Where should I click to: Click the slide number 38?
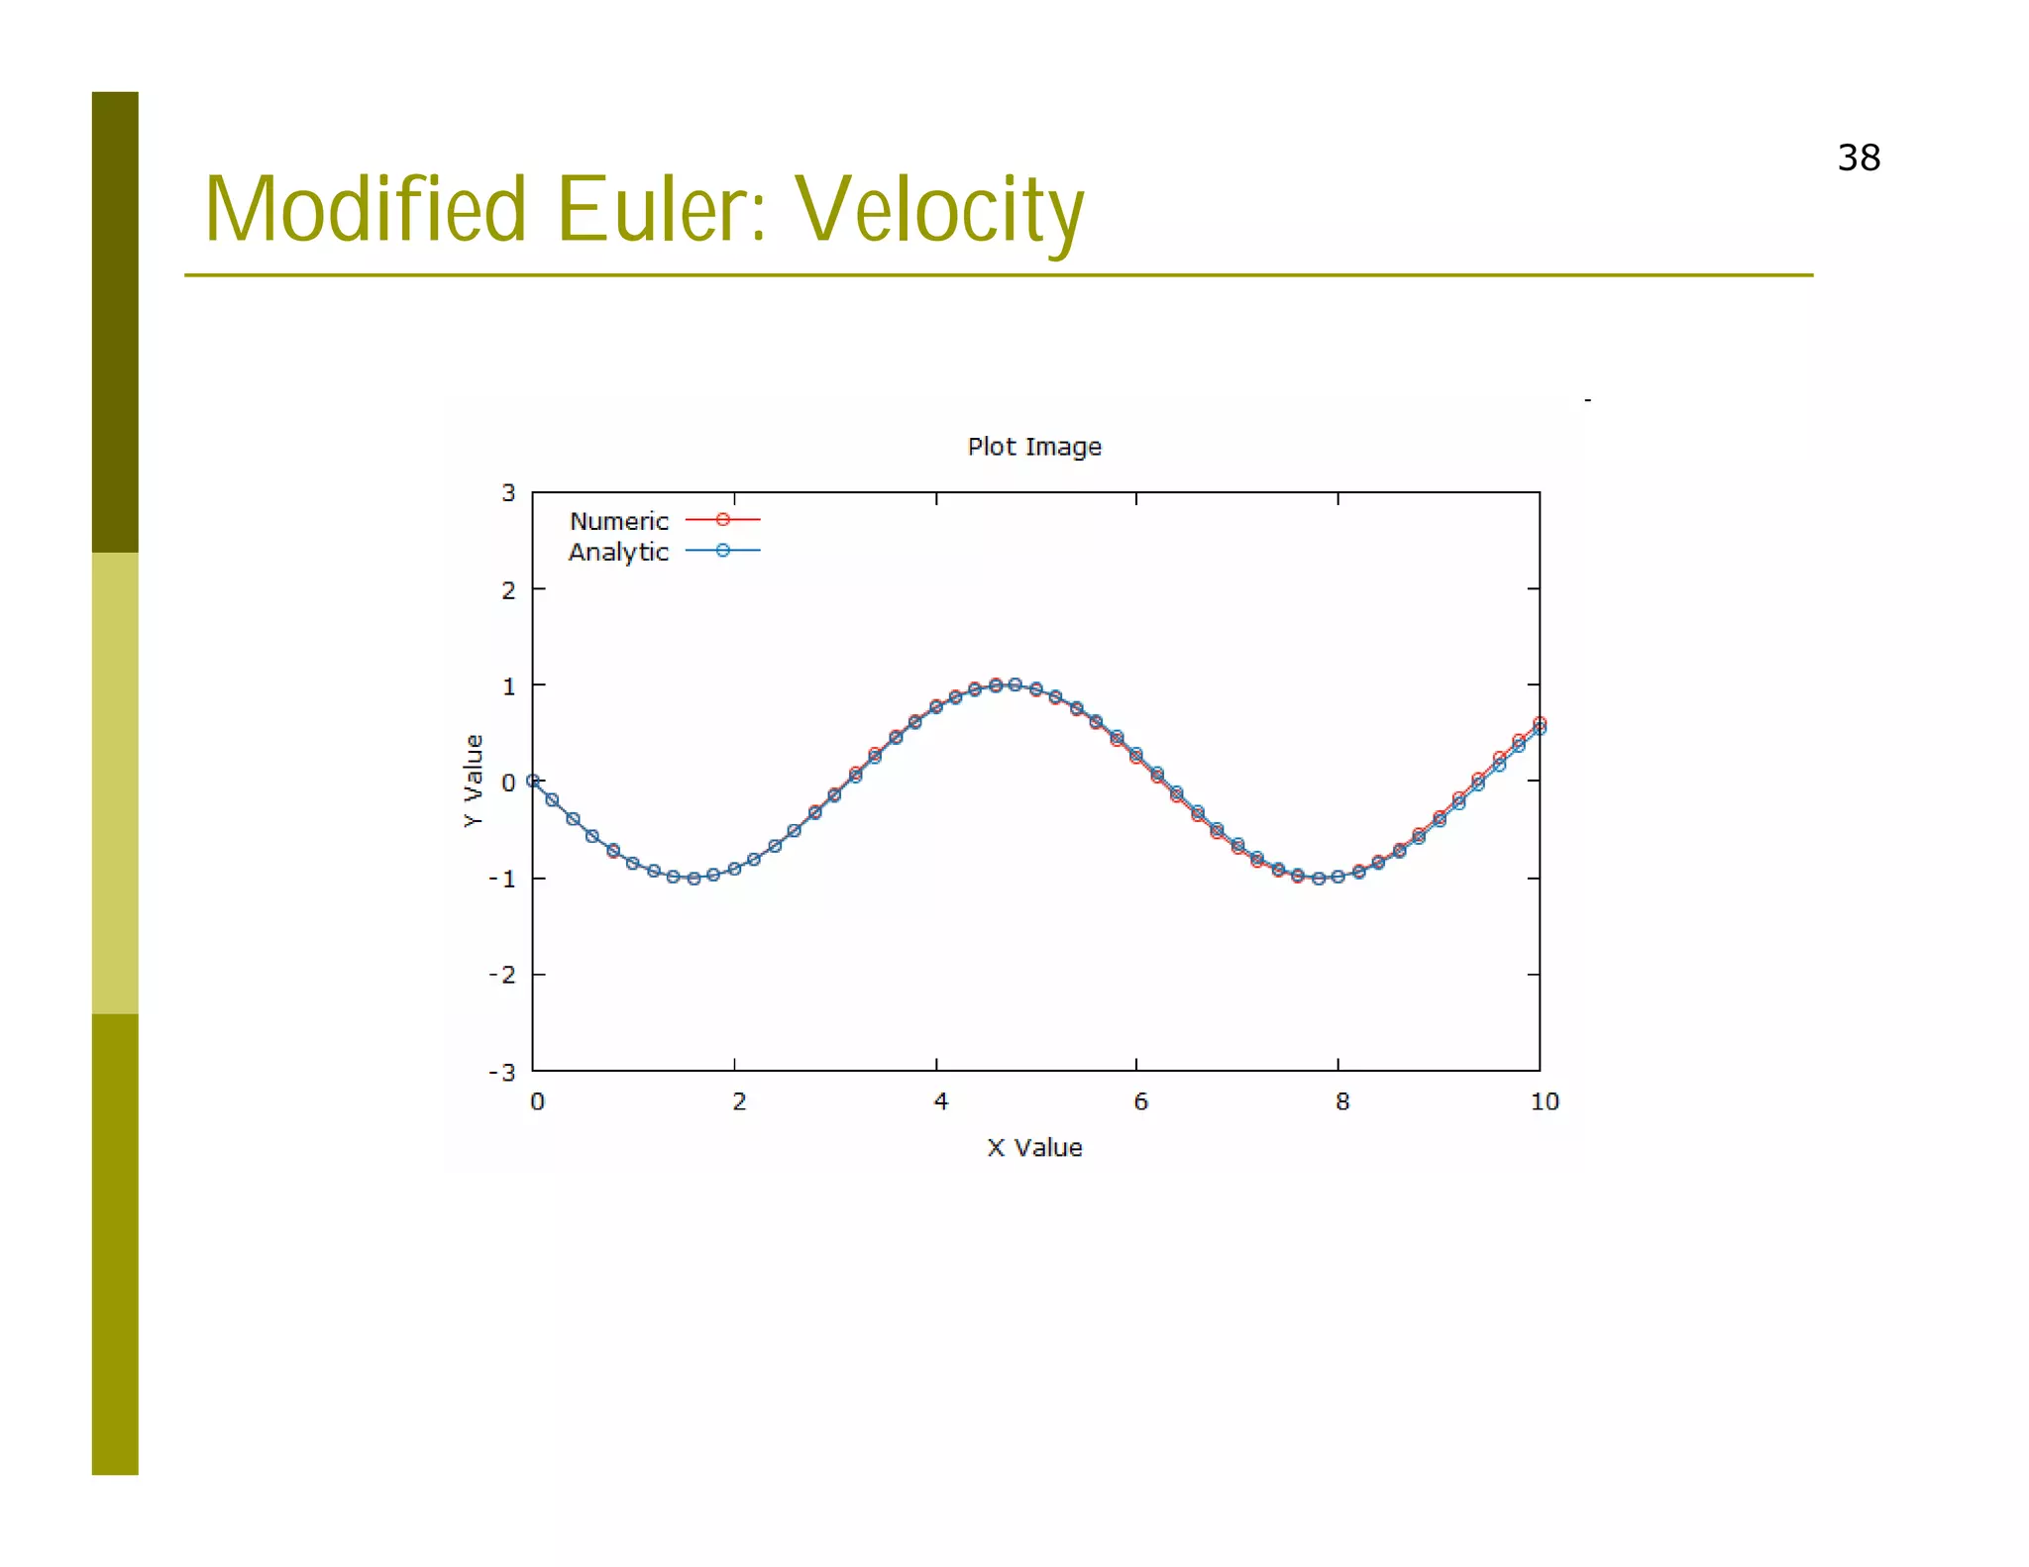click(1858, 158)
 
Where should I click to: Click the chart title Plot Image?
click(1033, 447)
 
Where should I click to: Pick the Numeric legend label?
click(619, 521)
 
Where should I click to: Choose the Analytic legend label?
click(618, 552)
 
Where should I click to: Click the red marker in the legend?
click(723, 519)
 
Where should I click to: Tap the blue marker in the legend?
click(723, 550)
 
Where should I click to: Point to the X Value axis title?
click(1033, 1147)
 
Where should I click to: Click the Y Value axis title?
click(474, 781)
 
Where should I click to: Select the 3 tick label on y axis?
click(508, 493)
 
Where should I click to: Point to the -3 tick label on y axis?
click(502, 1072)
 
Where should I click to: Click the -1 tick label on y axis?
click(502, 879)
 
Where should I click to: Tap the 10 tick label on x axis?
click(1544, 1101)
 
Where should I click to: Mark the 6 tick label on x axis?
click(1140, 1101)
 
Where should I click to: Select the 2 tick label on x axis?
click(739, 1101)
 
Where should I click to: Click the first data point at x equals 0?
click(533, 781)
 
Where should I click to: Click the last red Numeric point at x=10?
click(1540, 722)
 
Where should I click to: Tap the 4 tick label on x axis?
click(940, 1101)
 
